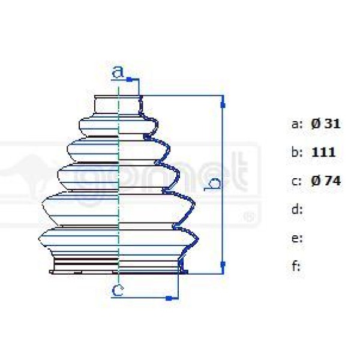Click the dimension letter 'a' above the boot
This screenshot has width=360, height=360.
(118, 73)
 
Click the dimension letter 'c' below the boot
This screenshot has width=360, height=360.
(118, 291)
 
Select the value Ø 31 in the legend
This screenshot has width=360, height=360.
(326, 124)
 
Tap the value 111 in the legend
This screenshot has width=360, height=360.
(323, 152)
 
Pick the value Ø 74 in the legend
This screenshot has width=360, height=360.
(326, 181)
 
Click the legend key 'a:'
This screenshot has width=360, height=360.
(297, 125)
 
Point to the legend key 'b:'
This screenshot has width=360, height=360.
(297, 152)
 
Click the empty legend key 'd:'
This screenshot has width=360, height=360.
(296, 209)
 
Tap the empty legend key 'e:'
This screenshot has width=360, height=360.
(296, 238)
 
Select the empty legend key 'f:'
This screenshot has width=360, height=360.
(296, 266)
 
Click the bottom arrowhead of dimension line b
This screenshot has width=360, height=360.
(223, 264)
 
